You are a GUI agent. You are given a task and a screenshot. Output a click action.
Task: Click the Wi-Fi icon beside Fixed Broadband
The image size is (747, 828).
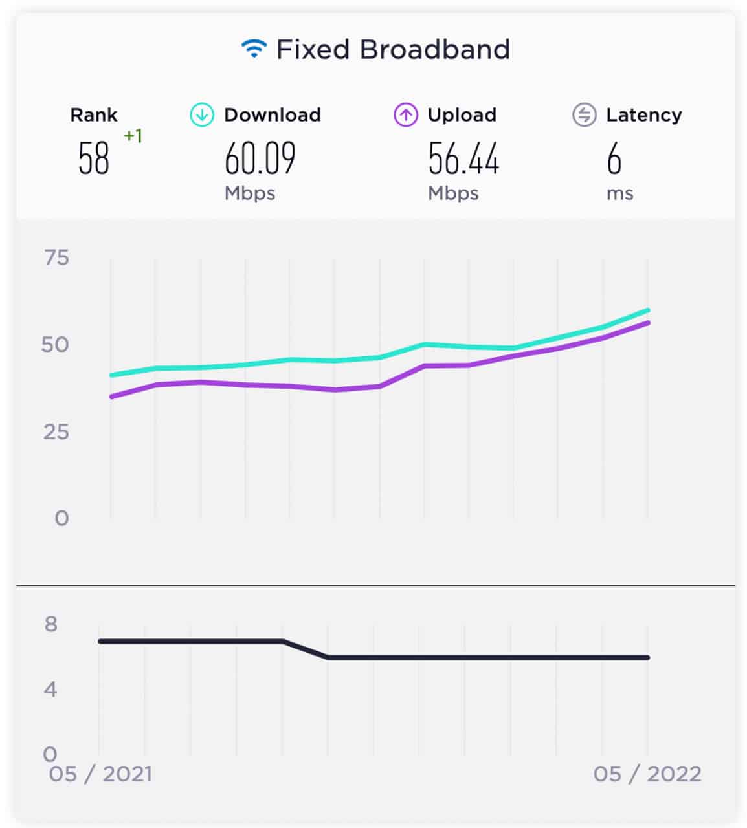coord(254,49)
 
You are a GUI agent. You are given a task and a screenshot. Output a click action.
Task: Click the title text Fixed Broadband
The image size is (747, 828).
coord(393,50)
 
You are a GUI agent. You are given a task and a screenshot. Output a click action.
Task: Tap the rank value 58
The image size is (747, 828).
coord(94,159)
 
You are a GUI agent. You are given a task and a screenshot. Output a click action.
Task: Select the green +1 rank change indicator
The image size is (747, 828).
coord(133,136)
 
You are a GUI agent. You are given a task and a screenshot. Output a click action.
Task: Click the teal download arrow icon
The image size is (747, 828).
coord(202,115)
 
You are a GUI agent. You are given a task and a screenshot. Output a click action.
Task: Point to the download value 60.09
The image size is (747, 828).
coord(260,159)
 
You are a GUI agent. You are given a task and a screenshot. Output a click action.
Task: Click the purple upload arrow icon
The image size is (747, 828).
coord(406,115)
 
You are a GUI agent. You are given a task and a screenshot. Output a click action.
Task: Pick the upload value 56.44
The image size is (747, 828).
coord(463,159)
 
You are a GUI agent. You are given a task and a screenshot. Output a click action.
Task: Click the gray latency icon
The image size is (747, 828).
coord(584,115)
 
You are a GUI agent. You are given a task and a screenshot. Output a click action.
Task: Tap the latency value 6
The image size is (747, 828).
coord(614,159)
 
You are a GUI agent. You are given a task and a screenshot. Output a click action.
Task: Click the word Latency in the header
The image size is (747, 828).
coord(643,115)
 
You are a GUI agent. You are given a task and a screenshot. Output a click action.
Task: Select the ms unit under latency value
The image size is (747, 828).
coord(619,193)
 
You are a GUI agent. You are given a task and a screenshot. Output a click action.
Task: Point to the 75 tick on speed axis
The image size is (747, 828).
coord(56,258)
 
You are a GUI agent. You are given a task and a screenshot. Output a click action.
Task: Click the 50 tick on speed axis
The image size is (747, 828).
coord(55,345)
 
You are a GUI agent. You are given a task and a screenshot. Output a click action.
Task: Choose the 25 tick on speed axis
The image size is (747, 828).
coord(56,431)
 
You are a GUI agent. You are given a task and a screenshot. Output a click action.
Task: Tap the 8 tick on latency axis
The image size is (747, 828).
coord(51,624)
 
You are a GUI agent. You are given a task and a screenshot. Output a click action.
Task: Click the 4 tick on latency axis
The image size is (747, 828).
coord(51,690)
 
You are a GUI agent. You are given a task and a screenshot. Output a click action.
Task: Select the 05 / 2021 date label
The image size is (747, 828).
coord(100,774)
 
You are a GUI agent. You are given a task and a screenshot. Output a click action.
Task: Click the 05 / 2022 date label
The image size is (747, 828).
coord(647,774)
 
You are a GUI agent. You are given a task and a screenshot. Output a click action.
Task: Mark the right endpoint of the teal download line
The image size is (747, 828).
coord(647,310)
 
